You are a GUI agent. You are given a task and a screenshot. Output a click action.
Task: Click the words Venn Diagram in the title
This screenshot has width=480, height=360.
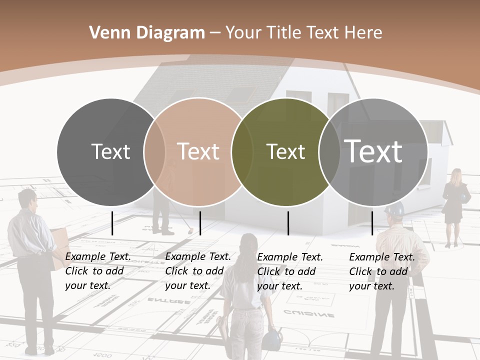click(x=147, y=33)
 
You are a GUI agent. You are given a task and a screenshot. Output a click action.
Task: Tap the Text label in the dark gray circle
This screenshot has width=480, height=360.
click(x=110, y=151)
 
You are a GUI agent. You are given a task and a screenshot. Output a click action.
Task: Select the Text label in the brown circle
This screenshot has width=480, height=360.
click(x=198, y=151)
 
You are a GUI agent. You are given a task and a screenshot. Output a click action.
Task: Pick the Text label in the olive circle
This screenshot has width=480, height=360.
click(x=285, y=151)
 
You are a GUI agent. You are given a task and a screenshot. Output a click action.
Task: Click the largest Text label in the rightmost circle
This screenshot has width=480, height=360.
click(x=373, y=151)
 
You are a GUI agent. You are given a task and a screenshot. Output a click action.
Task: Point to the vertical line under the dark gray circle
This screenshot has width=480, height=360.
click(x=112, y=223)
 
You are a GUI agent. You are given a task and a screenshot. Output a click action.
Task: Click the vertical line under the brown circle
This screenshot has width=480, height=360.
click(x=200, y=223)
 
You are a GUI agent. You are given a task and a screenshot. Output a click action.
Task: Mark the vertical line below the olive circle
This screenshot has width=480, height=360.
click(x=288, y=223)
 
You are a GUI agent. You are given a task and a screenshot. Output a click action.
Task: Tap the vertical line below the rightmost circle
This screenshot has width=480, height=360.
click(x=372, y=223)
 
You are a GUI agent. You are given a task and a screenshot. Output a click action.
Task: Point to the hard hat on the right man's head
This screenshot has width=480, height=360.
click(x=394, y=209)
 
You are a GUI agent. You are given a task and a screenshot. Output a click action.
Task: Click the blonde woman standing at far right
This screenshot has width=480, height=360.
click(x=454, y=205)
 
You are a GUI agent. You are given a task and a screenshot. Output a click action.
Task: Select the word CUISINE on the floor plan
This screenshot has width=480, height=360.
click(x=309, y=314)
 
